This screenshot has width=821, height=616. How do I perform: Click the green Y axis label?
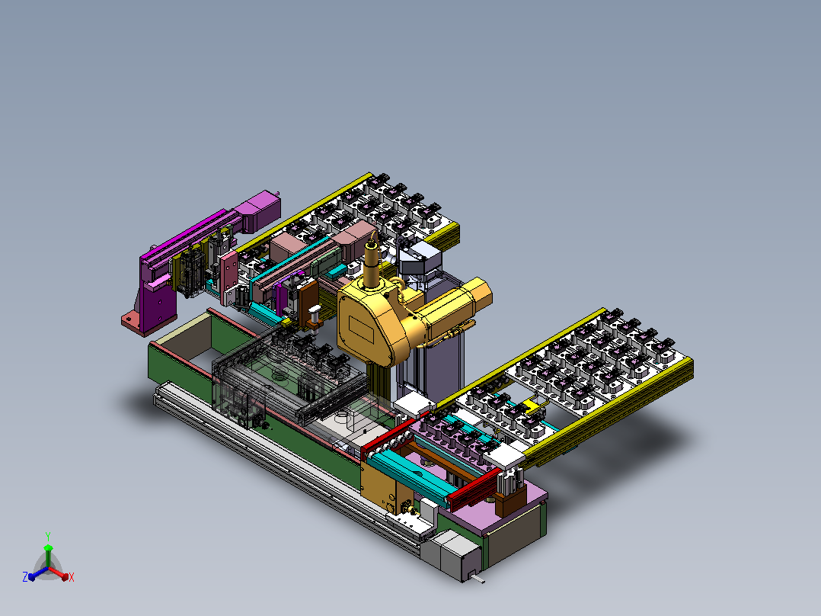pos(48,536)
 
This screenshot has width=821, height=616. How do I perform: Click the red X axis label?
pos(72,577)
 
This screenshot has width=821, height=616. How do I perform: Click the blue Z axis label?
pos(25,576)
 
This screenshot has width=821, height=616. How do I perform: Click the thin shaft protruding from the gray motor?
pos(477,579)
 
